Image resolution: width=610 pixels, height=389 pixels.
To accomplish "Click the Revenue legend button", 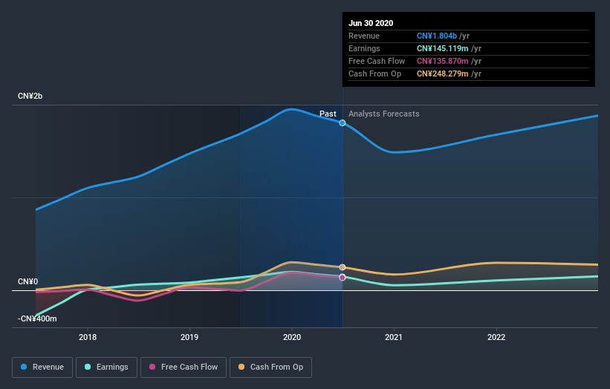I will coord(43,367).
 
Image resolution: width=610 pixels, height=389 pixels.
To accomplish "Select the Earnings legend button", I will coord(106,367).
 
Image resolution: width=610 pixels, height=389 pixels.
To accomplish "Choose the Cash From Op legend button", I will coord(270,367).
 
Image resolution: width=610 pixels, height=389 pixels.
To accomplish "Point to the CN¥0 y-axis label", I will coord(27,282).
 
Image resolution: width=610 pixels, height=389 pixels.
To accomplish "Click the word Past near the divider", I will coord(328,114).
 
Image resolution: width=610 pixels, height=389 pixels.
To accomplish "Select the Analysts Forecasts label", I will coord(383,114).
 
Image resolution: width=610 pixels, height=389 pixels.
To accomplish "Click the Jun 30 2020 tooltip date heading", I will coord(371,22).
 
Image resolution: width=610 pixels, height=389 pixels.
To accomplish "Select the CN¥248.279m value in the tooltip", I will coord(444,73).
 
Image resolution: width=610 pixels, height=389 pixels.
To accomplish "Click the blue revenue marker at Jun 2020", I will coord(343,122).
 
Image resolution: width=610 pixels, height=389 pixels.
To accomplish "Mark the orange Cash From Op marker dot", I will coord(343,267).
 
